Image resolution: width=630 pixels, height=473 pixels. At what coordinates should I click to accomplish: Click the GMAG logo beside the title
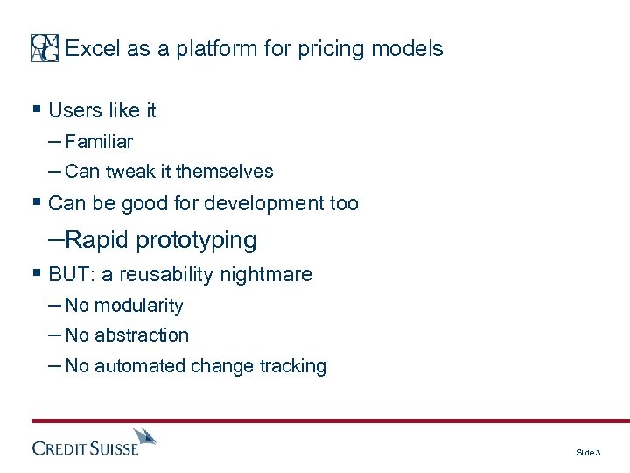(x=45, y=48)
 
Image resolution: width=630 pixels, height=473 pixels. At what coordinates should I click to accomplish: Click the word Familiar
(x=99, y=141)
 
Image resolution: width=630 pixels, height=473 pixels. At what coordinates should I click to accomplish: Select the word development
(x=269, y=204)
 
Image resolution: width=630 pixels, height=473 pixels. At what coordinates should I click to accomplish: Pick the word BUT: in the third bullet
(x=73, y=275)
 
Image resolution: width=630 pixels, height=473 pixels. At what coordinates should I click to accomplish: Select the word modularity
(x=138, y=306)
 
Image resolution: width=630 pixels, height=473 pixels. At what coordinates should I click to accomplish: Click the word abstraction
(x=141, y=335)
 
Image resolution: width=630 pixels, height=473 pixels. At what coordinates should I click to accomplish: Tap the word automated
(x=137, y=367)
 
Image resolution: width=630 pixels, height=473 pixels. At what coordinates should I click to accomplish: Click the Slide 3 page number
(x=588, y=453)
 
